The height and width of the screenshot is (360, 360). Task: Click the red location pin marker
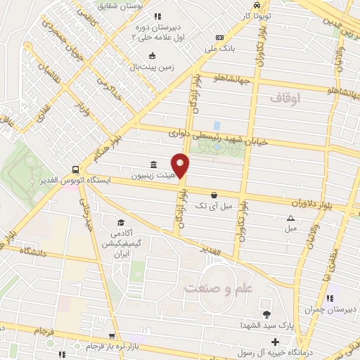click(181, 166)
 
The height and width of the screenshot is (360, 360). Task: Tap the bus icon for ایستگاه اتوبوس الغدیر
click(75, 170)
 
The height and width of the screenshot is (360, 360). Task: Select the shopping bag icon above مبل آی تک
click(214, 195)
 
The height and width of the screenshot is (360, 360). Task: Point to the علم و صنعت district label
click(219, 288)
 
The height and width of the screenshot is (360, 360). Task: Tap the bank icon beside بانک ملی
click(220, 37)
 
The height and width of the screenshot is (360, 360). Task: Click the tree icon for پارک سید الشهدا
click(266, 314)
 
